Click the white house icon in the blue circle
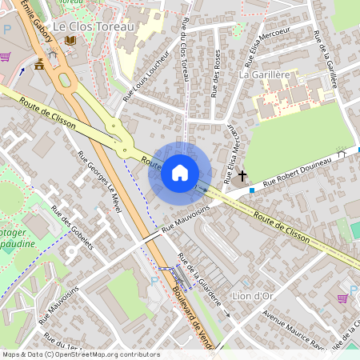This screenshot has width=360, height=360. point(180,173)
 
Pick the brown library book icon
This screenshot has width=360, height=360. point(70,39)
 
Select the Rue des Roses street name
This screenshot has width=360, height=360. point(216,74)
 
